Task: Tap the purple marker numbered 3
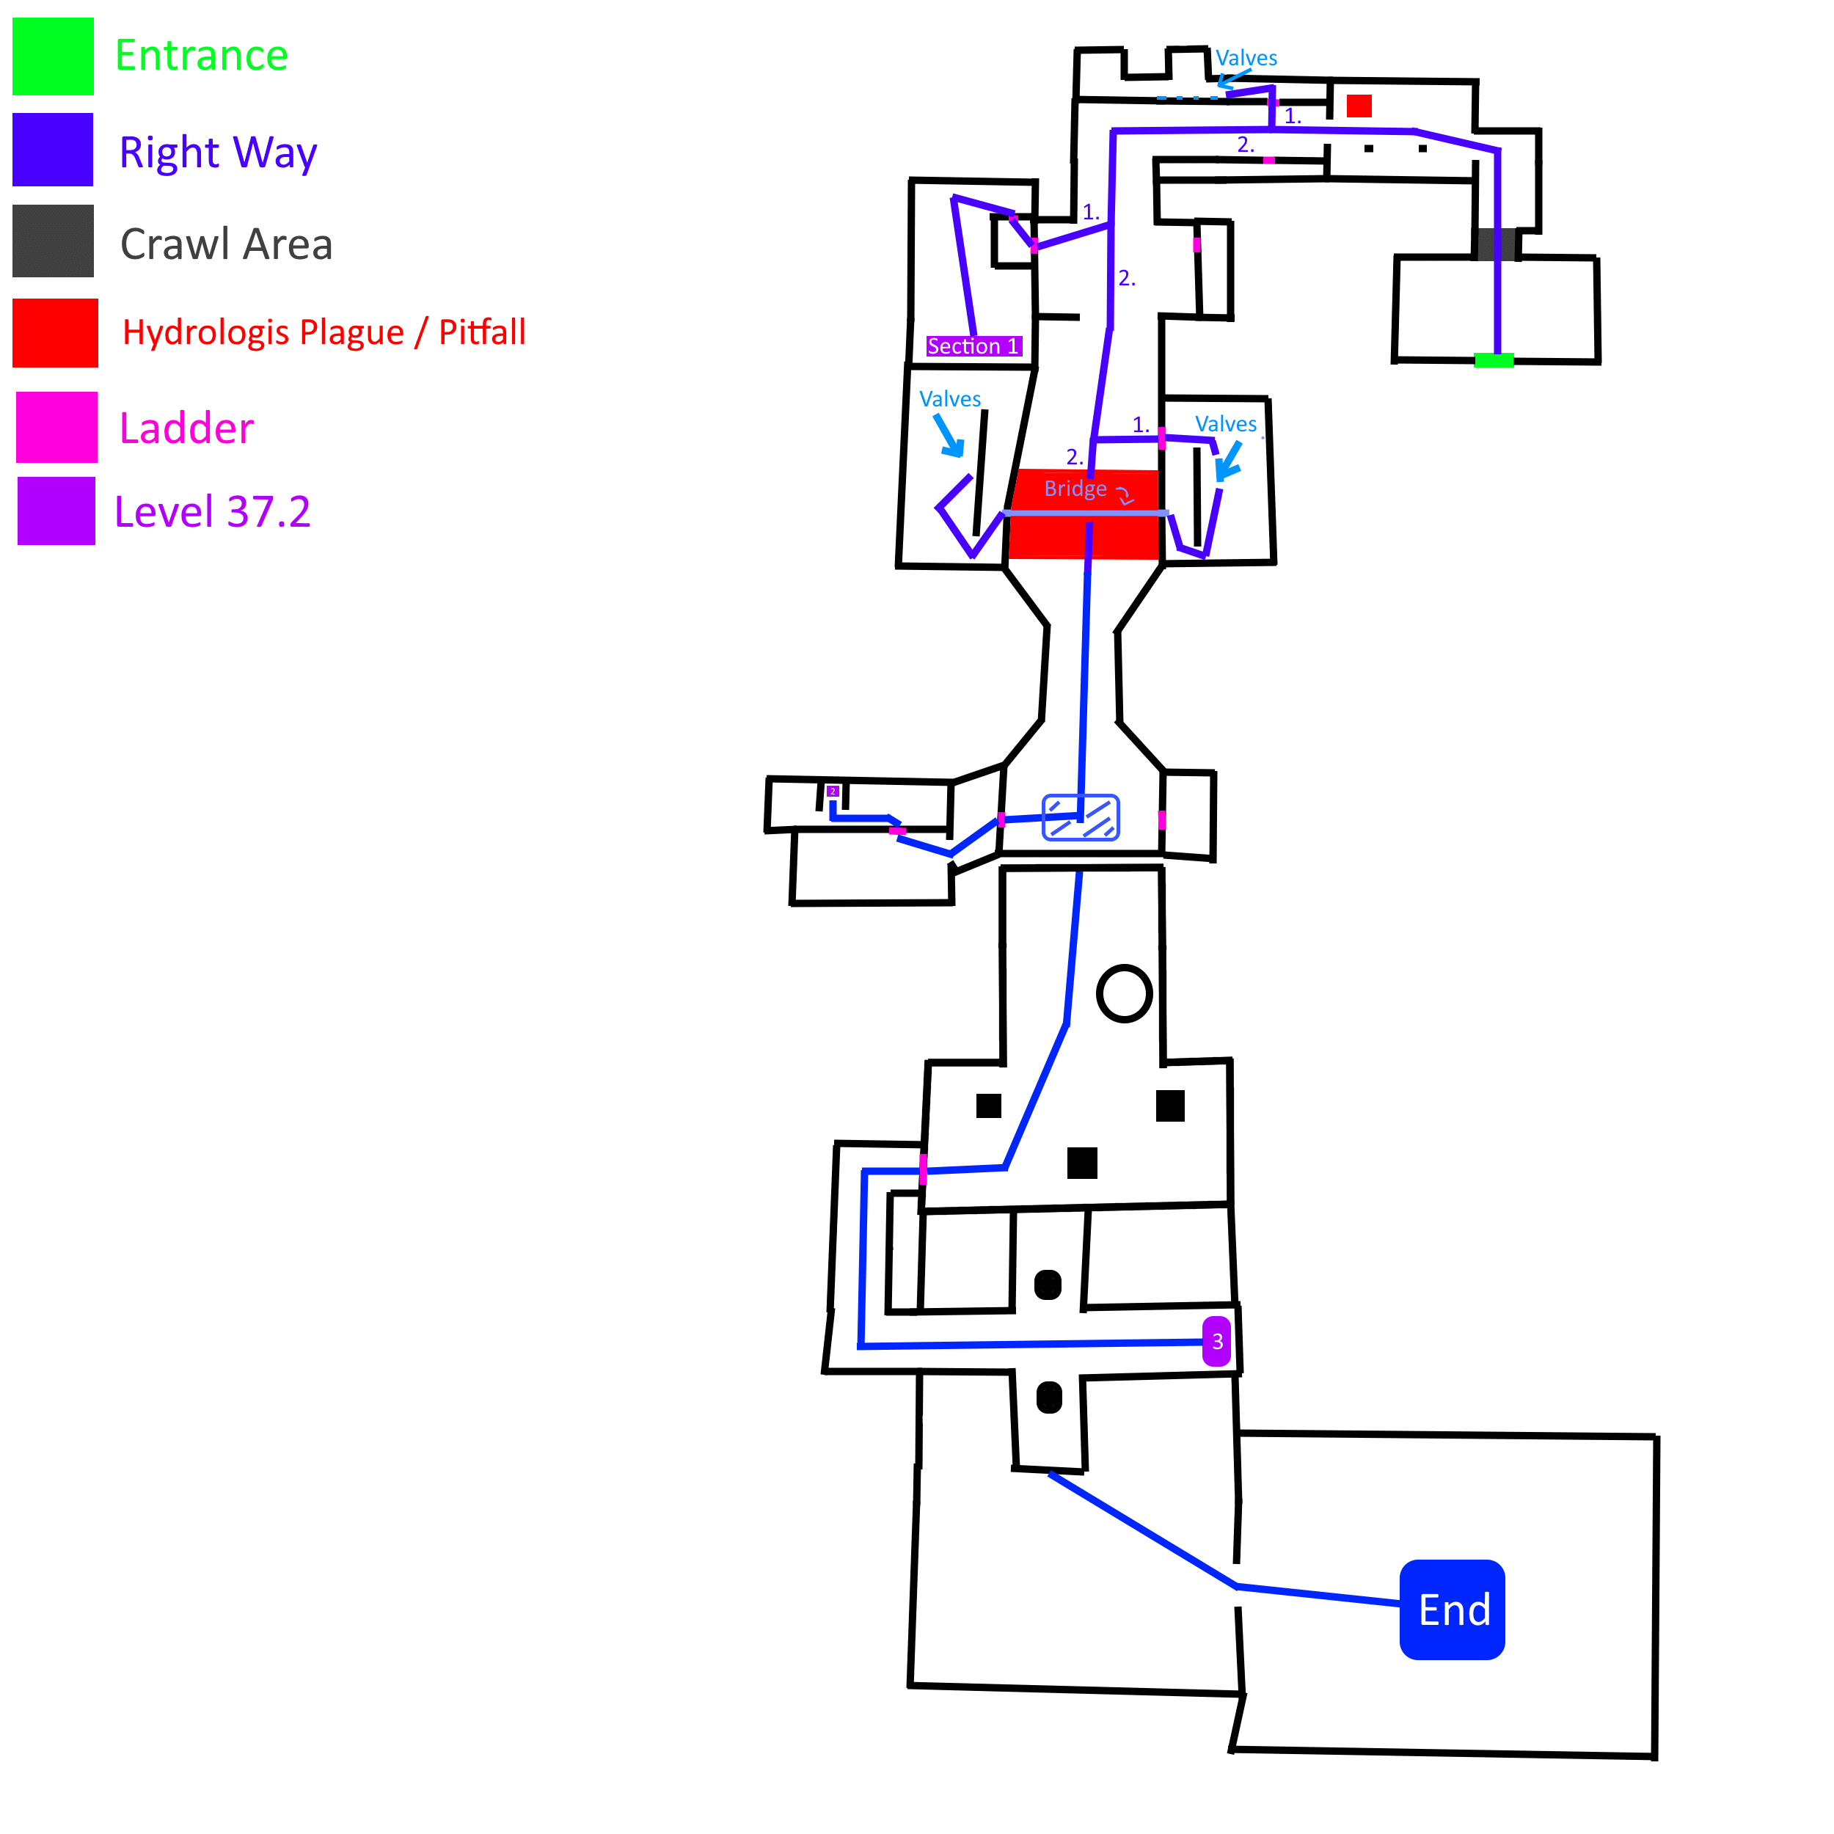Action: click(x=1216, y=1341)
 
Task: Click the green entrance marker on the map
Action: click(x=1492, y=359)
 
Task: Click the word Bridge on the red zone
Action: click(x=1075, y=489)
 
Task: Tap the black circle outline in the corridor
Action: click(x=1124, y=994)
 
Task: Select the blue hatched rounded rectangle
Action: click(x=1081, y=817)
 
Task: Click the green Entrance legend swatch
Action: click(x=53, y=56)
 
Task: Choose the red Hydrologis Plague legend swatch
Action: click(x=55, y=332)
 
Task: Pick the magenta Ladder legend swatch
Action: click(x=57, y=427)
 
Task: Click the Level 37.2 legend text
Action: click(x=212, y=511)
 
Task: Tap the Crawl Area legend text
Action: click(x=226, y=244)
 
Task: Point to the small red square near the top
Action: click(x=1359, y=106)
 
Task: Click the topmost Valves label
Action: click(x=1246, y=58)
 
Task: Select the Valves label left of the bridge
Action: click(x=949, y=398)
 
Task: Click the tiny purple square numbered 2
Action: click(x=833, y=791)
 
